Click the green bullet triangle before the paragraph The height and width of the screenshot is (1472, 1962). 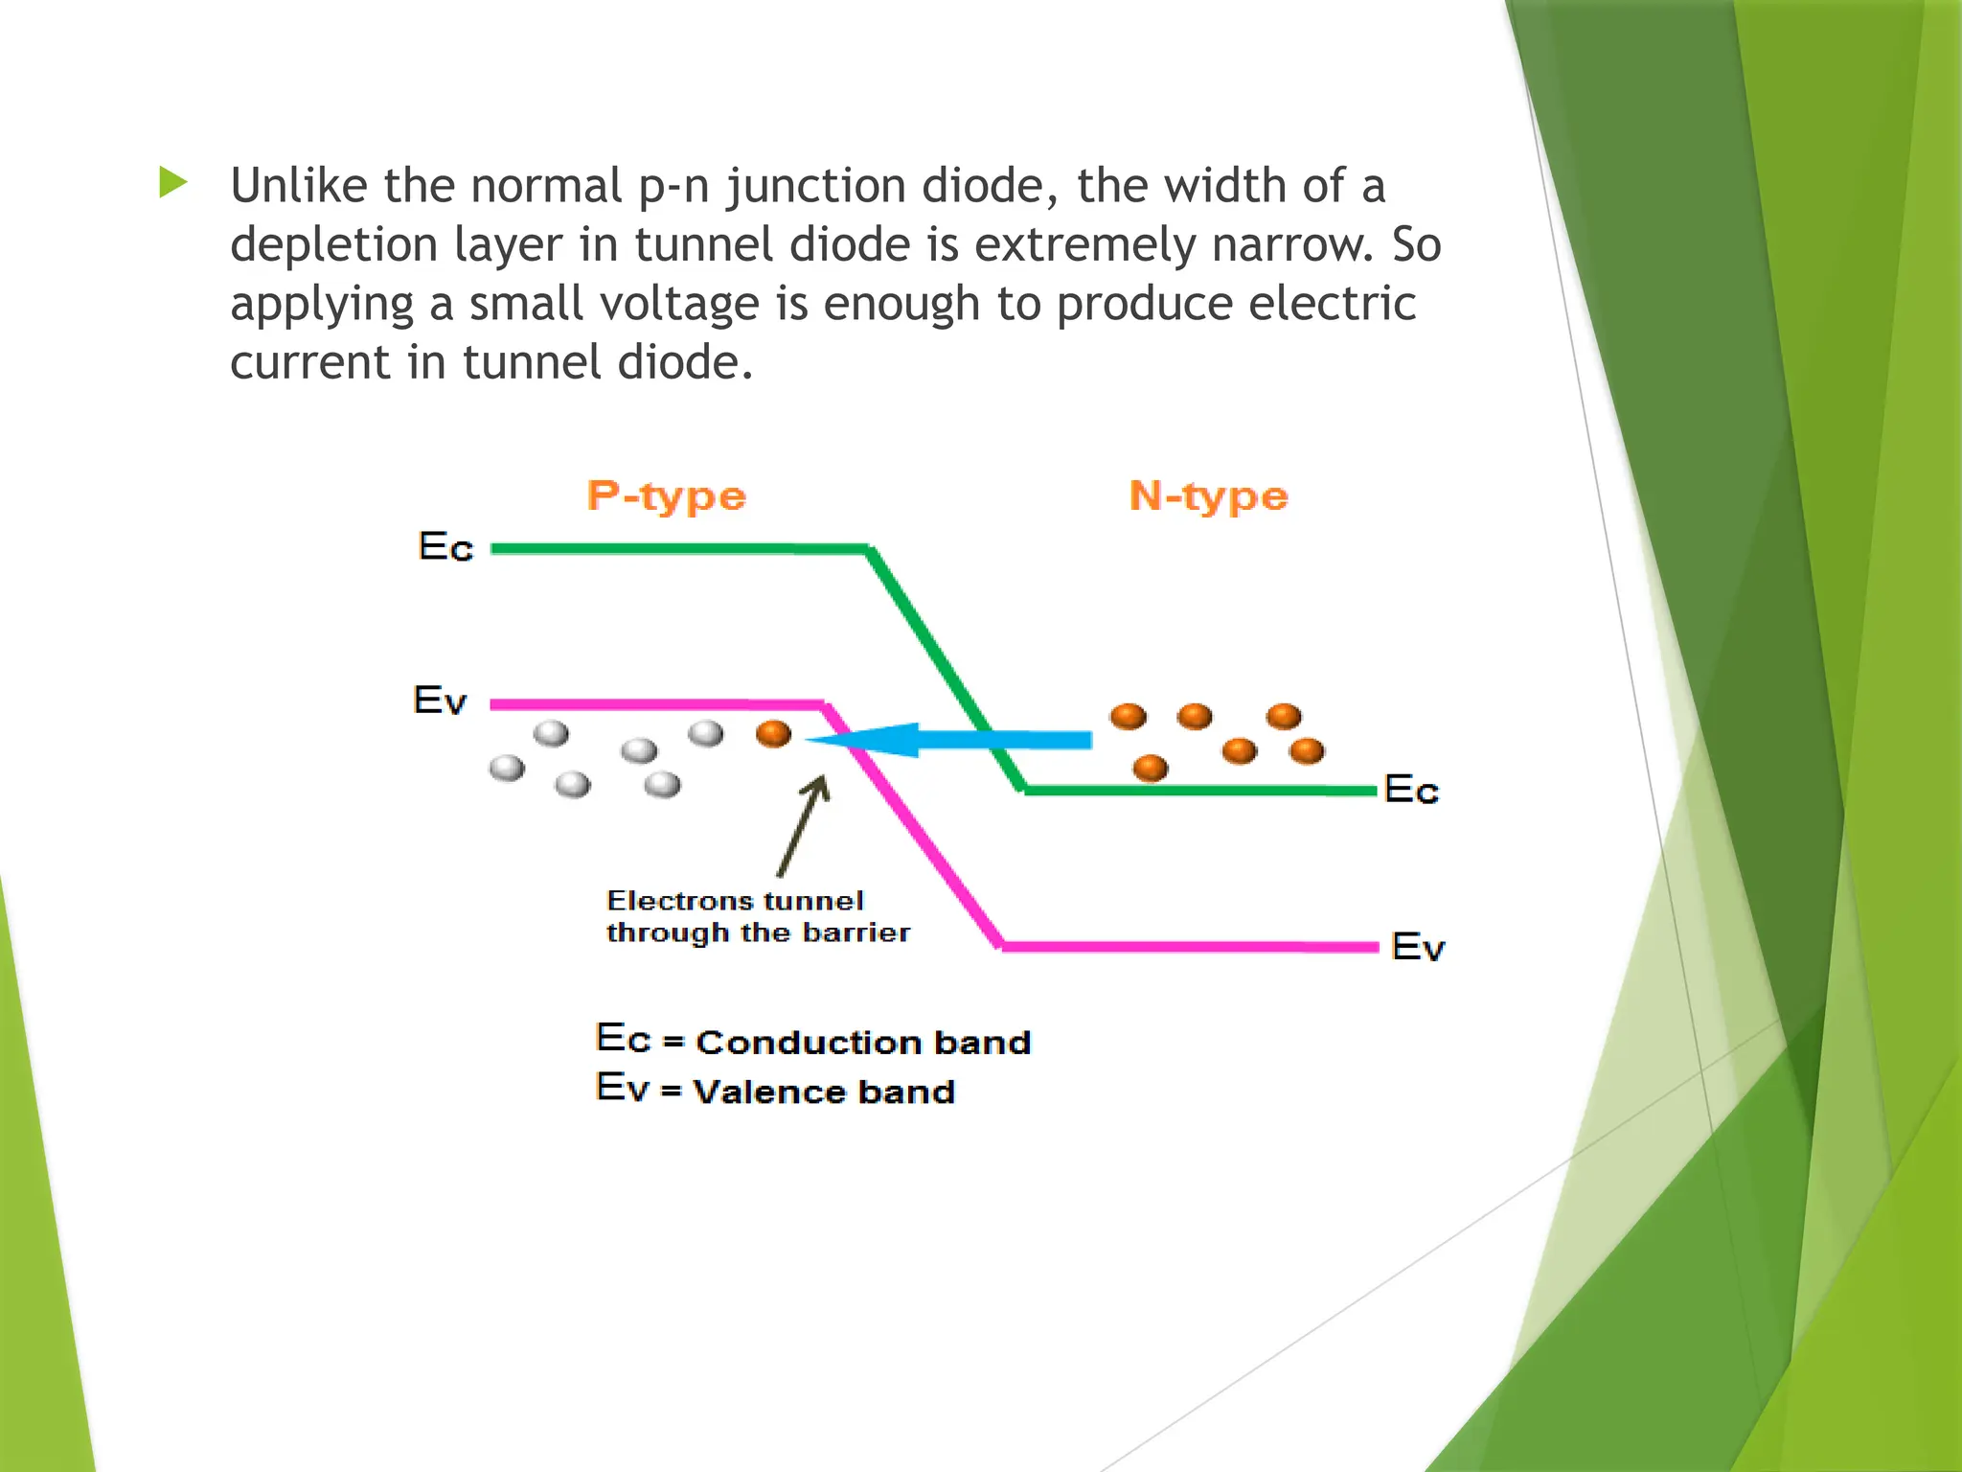(173, 182)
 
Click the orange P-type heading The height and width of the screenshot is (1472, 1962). (667, 496)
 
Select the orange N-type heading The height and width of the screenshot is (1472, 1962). (1209, 496)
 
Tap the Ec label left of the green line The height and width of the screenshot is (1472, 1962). (446, 547)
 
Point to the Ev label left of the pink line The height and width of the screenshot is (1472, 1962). (440, 701)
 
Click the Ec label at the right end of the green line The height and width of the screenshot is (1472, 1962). (1411, 791)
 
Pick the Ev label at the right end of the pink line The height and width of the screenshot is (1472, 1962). (1418, 947)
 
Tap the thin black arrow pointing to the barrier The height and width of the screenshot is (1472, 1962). (803, 826)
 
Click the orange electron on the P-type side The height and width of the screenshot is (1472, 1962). (773, 734)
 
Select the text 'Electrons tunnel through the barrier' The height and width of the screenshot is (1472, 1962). (757, 916)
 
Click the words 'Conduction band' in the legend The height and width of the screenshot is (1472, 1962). (863, 1043)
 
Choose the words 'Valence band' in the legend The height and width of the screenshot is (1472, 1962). (824, 1092)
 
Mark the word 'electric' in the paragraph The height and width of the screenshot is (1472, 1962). (1333, 304)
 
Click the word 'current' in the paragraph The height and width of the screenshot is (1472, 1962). (310, 363)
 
